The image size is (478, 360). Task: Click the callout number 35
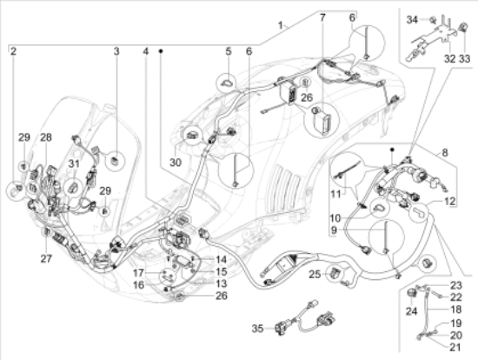pos(257,329)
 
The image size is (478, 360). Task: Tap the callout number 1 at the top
pos(281,25)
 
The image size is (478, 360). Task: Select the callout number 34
pos(412,20)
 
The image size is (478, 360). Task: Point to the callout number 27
pos(46,259)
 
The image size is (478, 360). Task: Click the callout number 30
pos(176,163)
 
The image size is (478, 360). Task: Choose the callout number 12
pos(450,201)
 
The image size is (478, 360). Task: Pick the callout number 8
pos(445,152)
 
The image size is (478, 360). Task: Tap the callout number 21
pos(455,347)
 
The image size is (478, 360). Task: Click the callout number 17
pos(138,272)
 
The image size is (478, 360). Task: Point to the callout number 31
pos(74,163)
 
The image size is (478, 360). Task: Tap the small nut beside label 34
pos(432,20)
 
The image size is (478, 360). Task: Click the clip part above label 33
pos(463,27)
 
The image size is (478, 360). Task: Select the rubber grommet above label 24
pos(412,292)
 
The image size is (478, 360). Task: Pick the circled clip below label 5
pos(226,83)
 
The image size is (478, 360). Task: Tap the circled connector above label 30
pos(192,135)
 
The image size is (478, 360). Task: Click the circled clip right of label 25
pos(427,263)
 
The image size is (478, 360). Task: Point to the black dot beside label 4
pos(161,51)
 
